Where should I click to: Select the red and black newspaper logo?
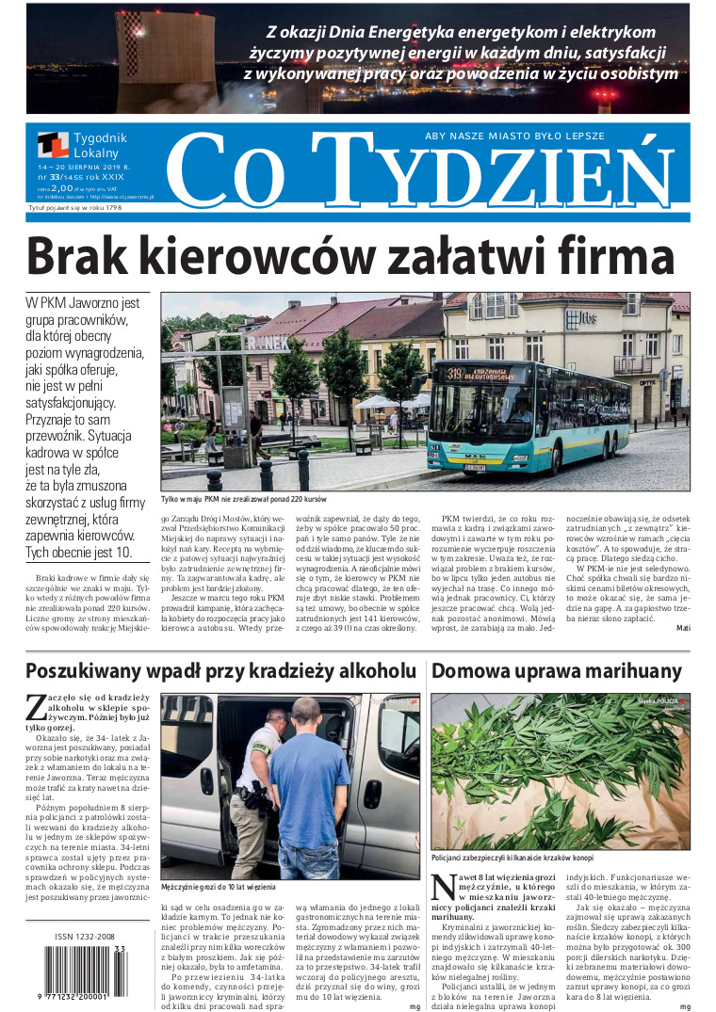coord(53,145)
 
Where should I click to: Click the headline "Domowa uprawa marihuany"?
coord(556,671)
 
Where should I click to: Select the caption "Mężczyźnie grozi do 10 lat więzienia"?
coord(220,887)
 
